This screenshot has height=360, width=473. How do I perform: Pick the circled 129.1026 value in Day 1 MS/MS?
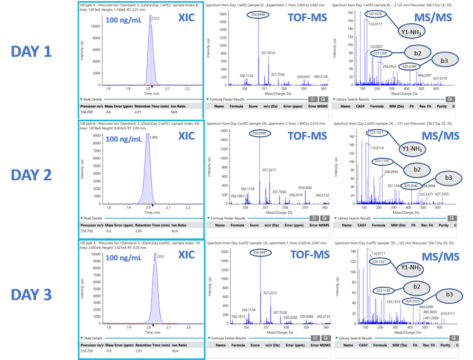coord(375,14)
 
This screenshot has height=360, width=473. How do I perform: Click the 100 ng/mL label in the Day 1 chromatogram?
coord(124,20)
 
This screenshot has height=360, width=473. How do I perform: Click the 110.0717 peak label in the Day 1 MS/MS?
coord(375,24)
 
